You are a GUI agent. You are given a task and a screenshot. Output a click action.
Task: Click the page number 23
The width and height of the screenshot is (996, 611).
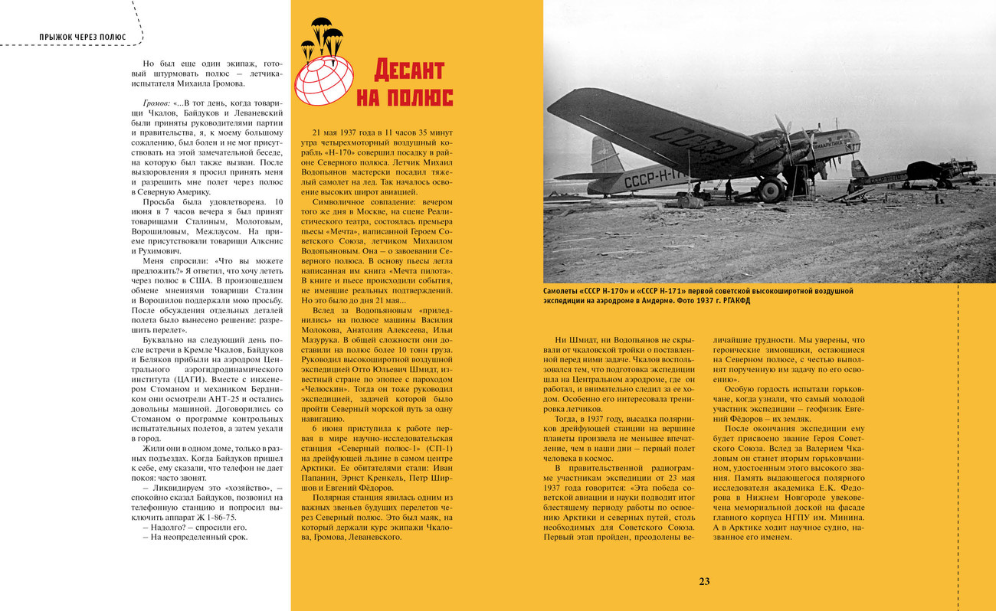(704, 581)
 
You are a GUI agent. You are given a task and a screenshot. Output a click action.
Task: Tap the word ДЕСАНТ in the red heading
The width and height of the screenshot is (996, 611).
(409, 70)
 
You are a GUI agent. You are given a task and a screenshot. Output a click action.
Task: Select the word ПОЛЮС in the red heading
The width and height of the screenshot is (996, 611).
(424, 97)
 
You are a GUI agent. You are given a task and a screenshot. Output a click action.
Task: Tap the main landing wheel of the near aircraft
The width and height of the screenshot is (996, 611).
(771, 189)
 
